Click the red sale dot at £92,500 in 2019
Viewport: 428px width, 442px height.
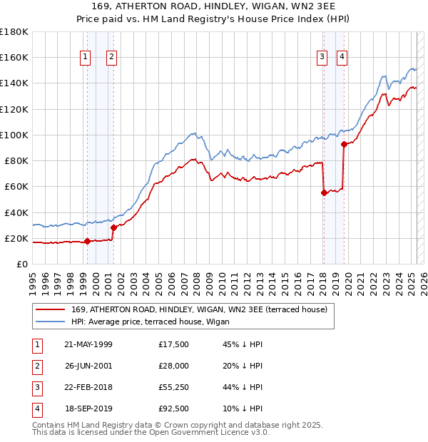(344, 144)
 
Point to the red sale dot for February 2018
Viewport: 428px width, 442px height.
(324, 192)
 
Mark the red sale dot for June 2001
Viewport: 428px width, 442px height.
(113, 227)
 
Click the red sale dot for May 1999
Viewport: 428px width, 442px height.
(87, 241)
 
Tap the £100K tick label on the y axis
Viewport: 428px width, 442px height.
(14, 135)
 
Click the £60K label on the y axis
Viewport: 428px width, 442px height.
(16, 186)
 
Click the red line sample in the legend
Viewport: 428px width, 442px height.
(51, 309)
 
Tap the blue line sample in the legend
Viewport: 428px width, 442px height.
(51, 322)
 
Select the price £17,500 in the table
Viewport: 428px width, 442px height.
(174, 344)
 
